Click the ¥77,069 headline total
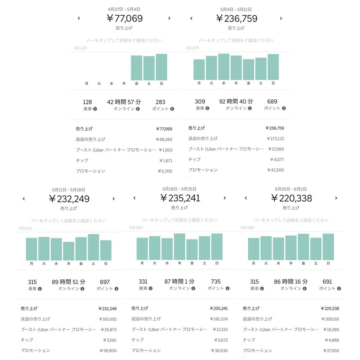124,18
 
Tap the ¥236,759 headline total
236,18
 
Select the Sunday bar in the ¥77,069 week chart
161,67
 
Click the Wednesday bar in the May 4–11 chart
224,67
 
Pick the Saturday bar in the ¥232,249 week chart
93,247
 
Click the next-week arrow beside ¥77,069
169,18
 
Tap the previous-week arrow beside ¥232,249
24,198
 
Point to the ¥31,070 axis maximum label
193,48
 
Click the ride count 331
143,282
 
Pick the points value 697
105,282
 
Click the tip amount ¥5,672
218,340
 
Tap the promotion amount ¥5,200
165,171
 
